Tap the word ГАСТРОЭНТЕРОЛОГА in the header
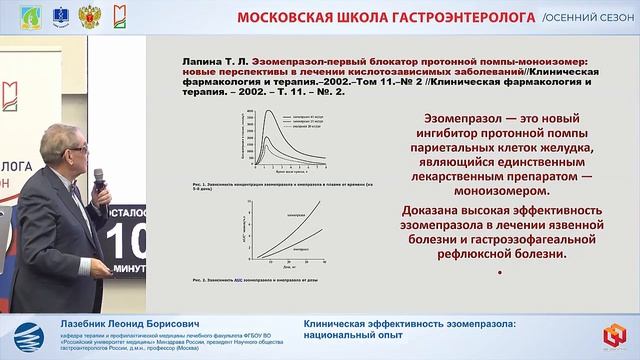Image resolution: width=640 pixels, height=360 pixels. click(472, 18)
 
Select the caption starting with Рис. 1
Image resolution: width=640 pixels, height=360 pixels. click(270, 185)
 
